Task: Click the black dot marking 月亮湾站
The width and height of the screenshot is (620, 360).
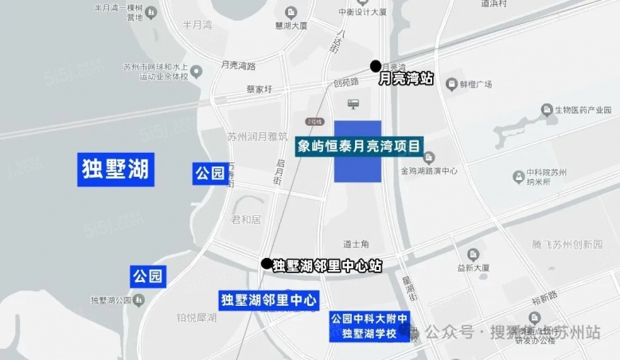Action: tap(375, 66)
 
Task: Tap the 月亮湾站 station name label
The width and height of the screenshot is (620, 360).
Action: tap(406, 79)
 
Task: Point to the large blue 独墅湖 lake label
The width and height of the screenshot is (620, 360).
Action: tap(115, 170)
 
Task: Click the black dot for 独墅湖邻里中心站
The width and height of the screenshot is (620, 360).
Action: tap(267, 263)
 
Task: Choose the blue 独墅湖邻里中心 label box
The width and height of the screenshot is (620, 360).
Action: tap(269, 300)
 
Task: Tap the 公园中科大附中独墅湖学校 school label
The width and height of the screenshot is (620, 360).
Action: tap(369, 327)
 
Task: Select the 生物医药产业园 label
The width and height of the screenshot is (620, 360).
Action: tap(586, 109)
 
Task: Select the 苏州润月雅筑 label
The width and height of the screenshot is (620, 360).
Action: tap(257, 135)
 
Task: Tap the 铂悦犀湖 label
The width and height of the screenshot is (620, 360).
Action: tap(197, 317)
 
